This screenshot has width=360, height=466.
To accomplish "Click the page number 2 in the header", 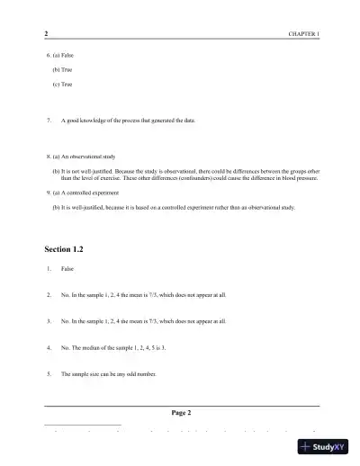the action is pyautogui.click(x=46, y=33).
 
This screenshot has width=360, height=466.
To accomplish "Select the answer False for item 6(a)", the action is pyautogui.click(x=67, y=55).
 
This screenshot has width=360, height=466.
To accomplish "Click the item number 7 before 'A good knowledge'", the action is pyautogui.click(x=47, y=120).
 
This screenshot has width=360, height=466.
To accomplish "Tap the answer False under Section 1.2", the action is pyautogui.click(x=67, y=269).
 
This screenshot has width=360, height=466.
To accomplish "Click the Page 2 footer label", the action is pyautogui.click(x=181, y=412).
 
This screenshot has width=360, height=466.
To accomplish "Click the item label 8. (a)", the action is pyautogui.click(x=51, y=157).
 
